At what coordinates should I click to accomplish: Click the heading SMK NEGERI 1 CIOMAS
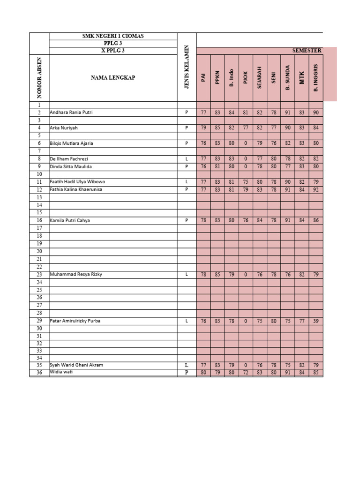coord(113,36)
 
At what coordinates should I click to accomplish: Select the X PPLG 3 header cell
coord(113,51)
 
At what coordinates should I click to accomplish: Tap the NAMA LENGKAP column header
coord(113,78)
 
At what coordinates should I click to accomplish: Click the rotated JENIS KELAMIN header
coord(187,67)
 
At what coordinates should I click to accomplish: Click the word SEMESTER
coord(307,51)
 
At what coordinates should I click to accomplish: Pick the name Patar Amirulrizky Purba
coord(75,321)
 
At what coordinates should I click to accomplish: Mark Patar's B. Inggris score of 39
coord(316,321)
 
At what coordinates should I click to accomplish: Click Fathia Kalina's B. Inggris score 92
coord(316,189)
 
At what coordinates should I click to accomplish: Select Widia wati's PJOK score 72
coord(246,373)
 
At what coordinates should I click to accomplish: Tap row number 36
coord(39,373)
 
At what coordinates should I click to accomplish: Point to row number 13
coord(39,197)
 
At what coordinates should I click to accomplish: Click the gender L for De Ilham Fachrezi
coord(187,159)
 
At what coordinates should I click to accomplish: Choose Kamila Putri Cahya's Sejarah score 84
coord(260,220)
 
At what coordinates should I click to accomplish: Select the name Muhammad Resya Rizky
coord(76,274)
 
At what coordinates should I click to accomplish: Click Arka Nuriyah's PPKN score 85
coord(217,127)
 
